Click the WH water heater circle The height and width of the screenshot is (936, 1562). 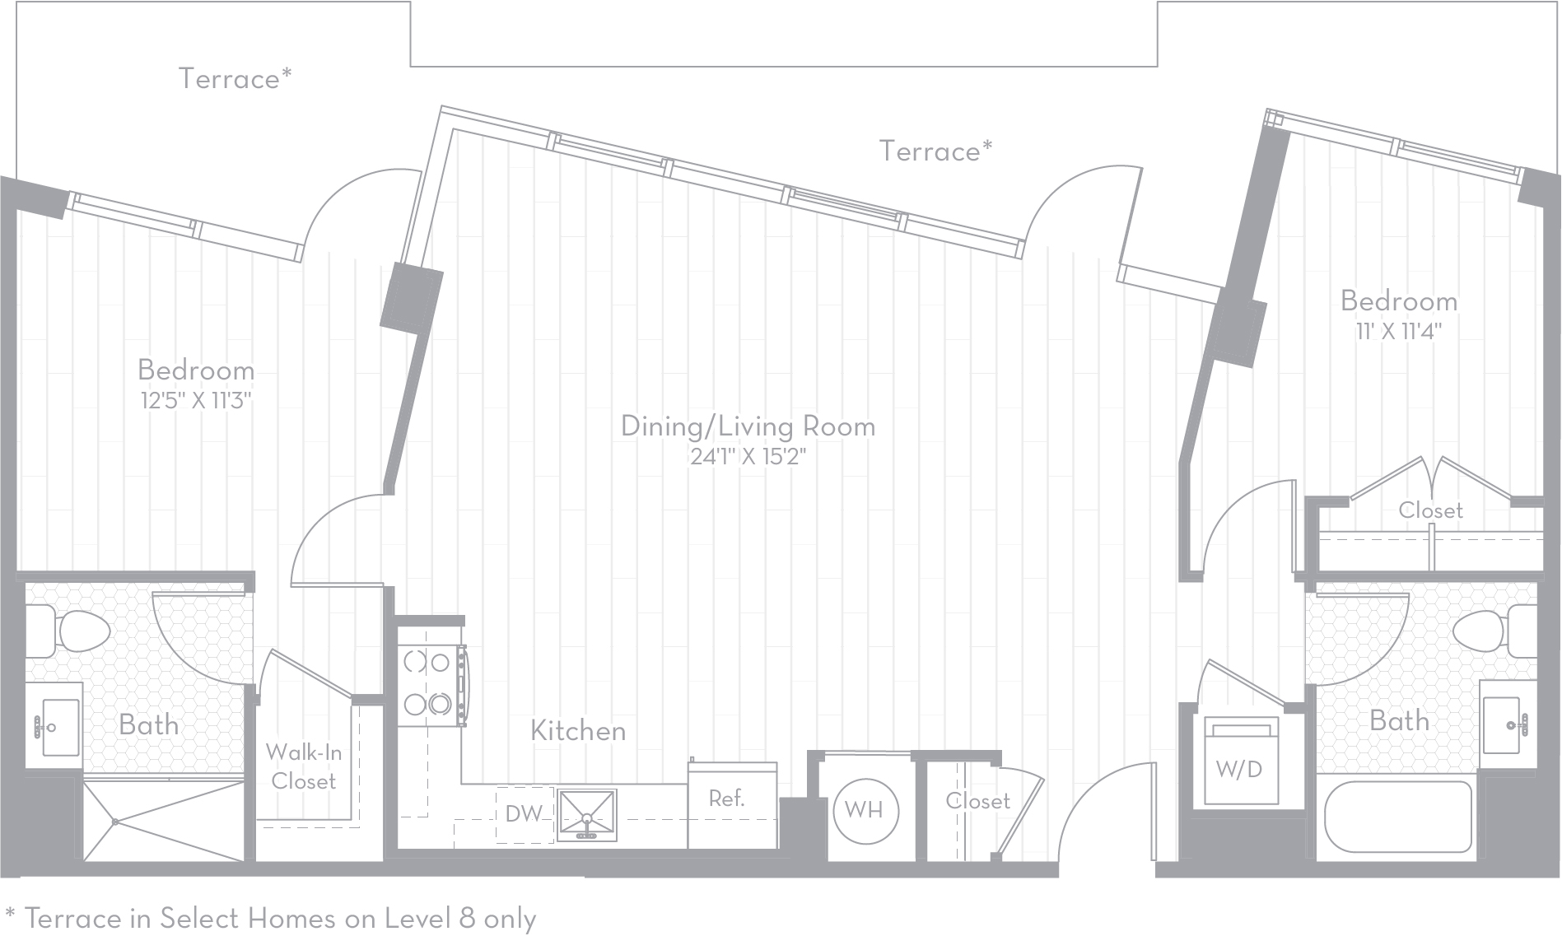[864, 810]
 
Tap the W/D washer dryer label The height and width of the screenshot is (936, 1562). [1238, 769]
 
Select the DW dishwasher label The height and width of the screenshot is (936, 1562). [524, 814]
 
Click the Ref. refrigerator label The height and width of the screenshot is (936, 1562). [726, 798]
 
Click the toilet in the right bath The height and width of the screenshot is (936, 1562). [1494, 631]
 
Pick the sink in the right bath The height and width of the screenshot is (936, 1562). [1506, 724]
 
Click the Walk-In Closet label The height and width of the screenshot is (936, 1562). [303, 766]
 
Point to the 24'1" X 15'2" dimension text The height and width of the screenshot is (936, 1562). [748, 456]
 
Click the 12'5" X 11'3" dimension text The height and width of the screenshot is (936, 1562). [195, 401]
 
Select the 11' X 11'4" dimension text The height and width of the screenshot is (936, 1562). [1399, 332]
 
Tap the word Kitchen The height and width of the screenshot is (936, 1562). [578, 730]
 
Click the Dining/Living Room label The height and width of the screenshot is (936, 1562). [748, 426]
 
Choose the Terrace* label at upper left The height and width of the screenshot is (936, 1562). [235, 78]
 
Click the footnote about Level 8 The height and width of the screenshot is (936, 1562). [270, 917]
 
